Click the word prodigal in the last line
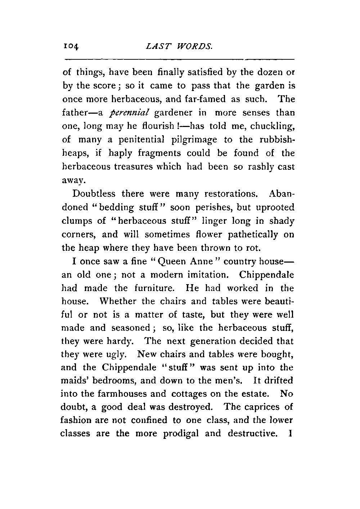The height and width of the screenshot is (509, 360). [181, 433]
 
